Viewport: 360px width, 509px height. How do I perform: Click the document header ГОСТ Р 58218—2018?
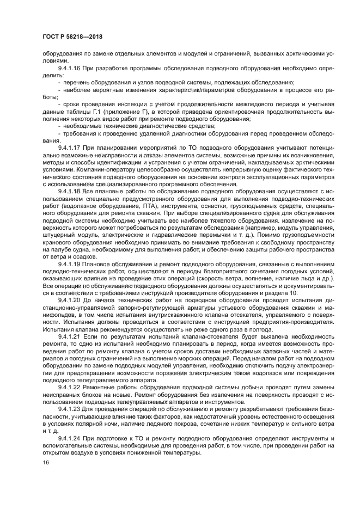tap(72, 38)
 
